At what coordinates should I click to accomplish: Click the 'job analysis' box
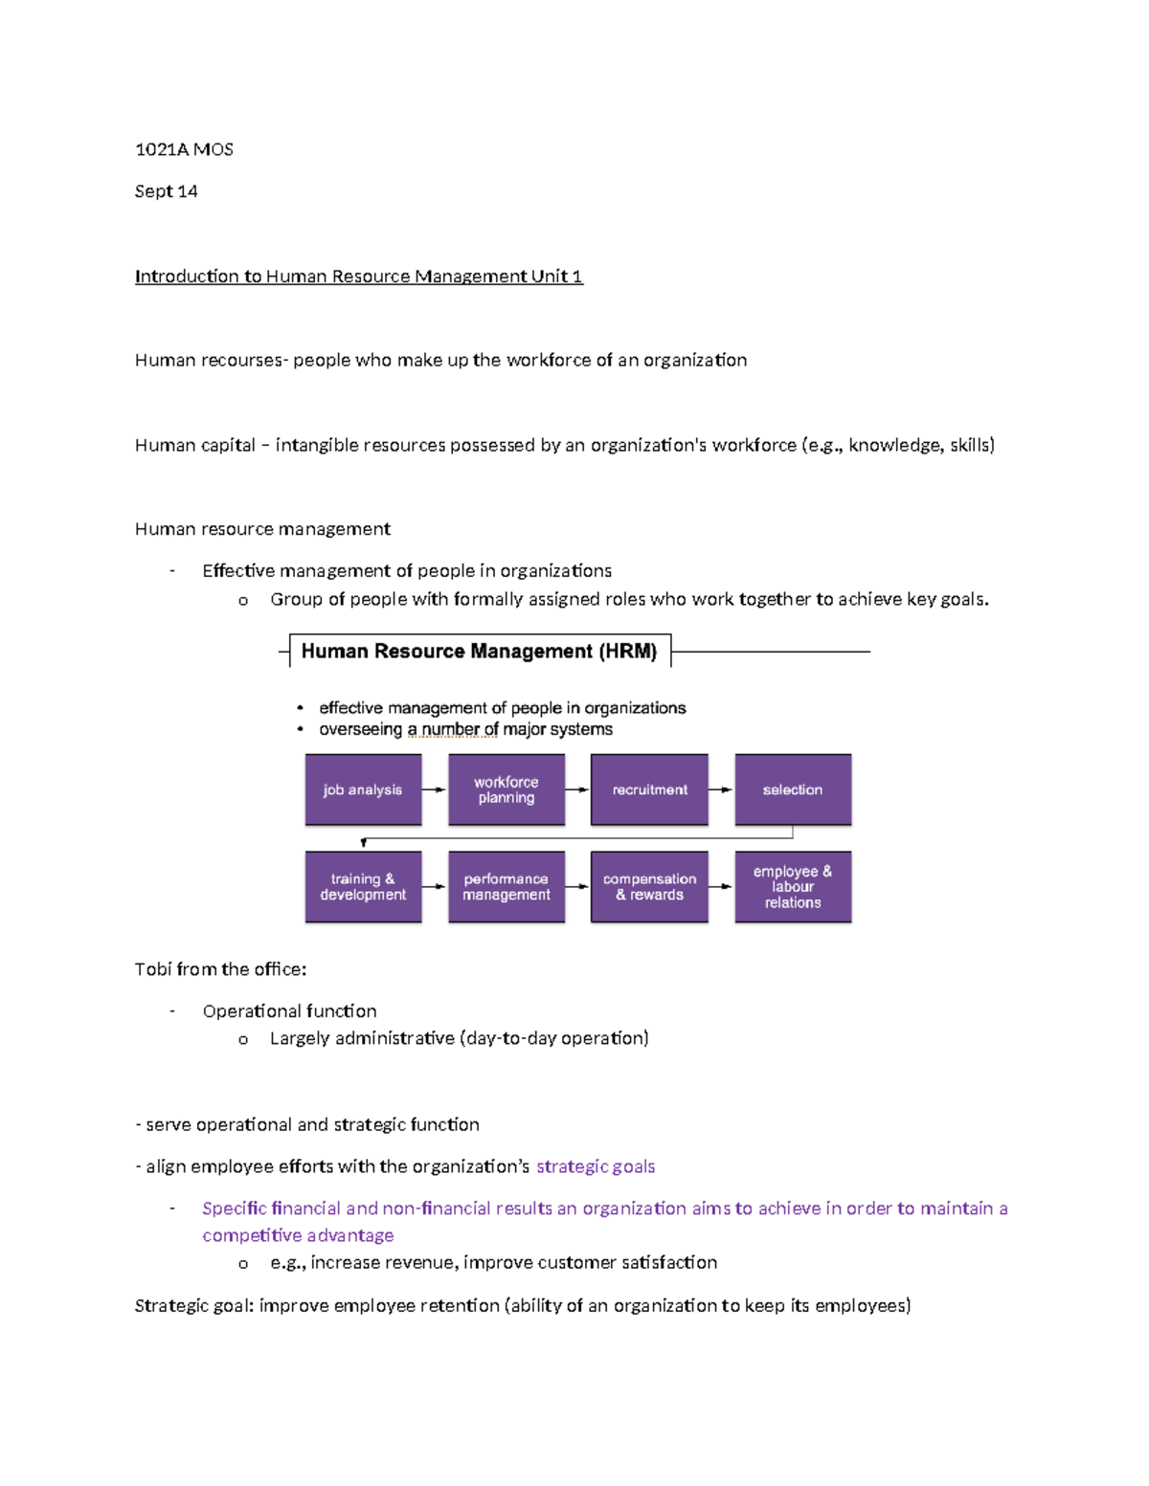click(363, 789)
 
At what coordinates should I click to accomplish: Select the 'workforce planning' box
click(507, 789)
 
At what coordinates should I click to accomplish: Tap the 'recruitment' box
click(649, 789)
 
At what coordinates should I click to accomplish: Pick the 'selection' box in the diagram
click(793, 789)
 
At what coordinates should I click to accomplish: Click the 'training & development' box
click(363, 887)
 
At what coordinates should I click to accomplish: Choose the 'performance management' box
click(507, 887)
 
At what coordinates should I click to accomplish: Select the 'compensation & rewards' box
click(649, 887)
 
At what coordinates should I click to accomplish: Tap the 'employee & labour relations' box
click(793, 887)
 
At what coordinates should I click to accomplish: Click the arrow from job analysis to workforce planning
click(435, 789)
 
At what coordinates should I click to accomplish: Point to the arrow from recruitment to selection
click(721, 789)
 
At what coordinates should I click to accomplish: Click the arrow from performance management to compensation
click(577, 887)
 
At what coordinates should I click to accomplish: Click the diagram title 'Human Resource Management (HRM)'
click(479, 652)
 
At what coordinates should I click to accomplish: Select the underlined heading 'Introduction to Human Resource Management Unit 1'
click(358, 277)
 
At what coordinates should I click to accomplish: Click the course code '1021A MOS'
click(184, 149)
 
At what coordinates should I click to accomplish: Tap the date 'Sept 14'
click(166, 191)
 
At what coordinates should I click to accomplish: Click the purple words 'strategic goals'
click(596, 1166)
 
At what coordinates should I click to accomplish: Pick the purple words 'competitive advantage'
click(298, 1235)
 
